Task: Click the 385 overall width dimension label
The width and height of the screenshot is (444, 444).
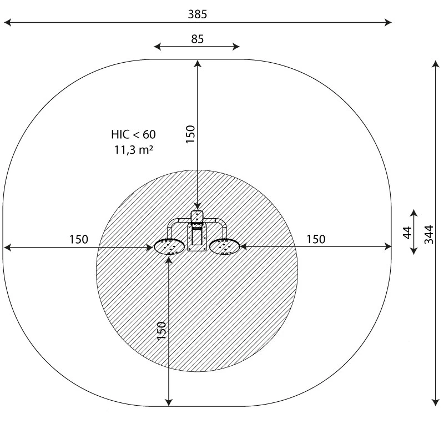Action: click(198, 14)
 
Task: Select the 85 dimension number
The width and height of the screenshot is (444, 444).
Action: click(197, 39)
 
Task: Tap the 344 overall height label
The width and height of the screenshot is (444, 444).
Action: click(428, 234)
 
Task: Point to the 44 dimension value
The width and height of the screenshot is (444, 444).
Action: click(407, 233)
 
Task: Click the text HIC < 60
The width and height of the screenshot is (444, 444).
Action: click(133, 134)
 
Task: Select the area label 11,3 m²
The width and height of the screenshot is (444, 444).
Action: click(134, 149)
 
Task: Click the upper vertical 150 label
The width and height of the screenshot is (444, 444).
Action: click(190, 134)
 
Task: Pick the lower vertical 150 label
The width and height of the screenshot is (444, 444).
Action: click(162, 331)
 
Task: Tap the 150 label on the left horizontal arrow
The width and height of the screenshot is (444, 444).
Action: click(79, 239)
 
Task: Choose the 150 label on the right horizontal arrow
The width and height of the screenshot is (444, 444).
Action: click(316, 239)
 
